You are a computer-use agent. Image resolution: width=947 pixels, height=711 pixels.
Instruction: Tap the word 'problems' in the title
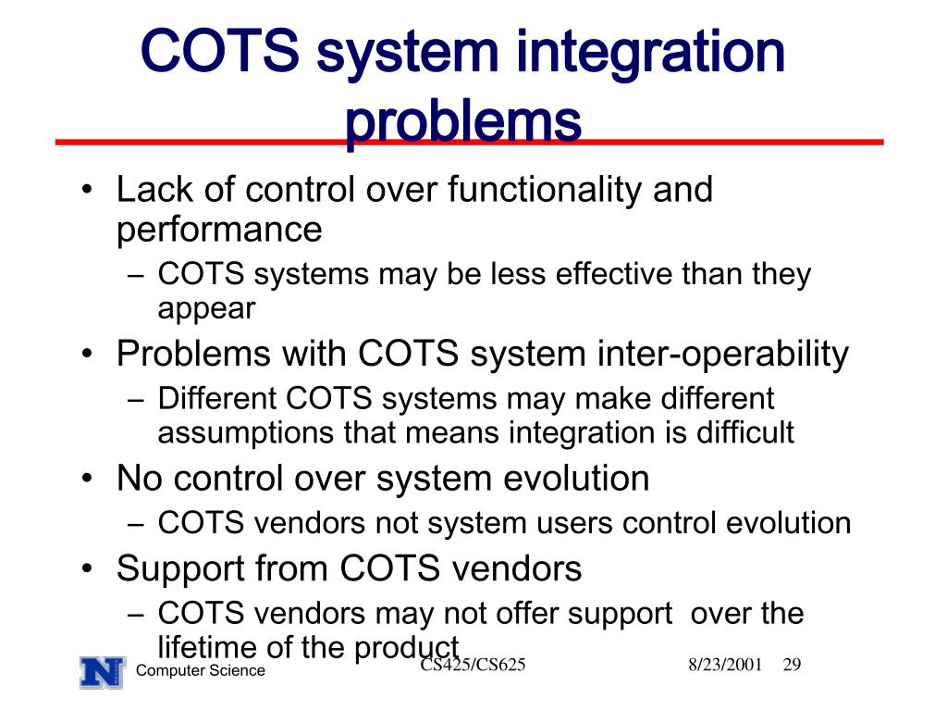pyautogui.click(x=463, y=123)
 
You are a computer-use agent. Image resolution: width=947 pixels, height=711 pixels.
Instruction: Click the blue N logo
pyautogui.click(x=102, y=670)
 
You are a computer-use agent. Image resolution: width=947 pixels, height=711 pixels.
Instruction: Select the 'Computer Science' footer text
pyautogui.click(x=200, y=671)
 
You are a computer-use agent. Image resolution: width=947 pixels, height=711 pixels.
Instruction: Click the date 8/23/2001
pyautogui.click(x=725, y=665)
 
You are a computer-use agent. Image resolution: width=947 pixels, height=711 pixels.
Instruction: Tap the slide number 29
pyautogui.click(x=791, y=665)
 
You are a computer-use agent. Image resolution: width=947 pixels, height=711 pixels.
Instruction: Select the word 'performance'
pyautogui.click(x=219, y=229)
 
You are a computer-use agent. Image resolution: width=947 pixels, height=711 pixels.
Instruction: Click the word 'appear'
pyautogui.click(x=205, y=307)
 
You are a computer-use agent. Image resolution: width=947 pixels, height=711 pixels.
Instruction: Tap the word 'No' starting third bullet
pyautogui.click(x=140, y=479)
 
